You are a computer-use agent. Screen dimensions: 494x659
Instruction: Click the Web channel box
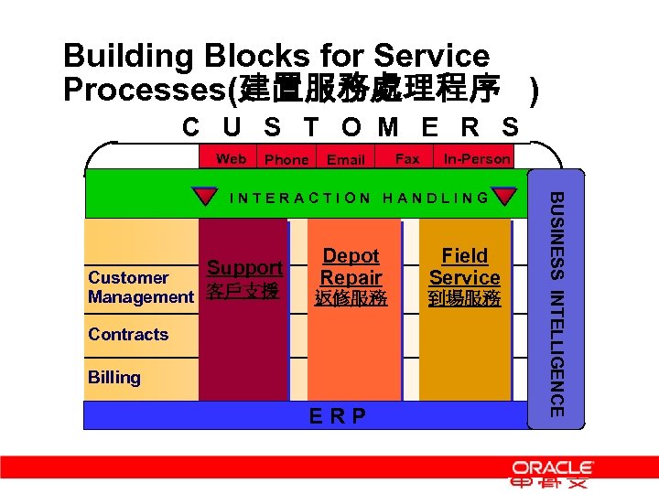coord(231,158)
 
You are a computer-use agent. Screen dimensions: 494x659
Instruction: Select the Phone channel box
coord(286,159)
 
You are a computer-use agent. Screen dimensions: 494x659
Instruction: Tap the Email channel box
coord(346,159)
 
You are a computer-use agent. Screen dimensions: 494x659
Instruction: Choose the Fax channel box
coord(407,158)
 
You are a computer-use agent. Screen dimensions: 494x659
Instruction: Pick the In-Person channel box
coord(476,158)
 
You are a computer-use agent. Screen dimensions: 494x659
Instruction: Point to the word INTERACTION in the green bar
coord(300,198)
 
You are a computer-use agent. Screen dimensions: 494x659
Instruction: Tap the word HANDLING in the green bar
coord(436,198)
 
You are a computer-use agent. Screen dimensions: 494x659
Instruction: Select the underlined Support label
coord(244,268)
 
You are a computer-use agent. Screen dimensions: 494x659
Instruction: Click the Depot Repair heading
coord(351,266)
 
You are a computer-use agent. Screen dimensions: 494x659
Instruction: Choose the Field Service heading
coord(464,266)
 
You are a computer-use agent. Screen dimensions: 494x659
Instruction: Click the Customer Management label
coord(140,287)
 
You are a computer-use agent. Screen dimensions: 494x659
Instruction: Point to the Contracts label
coord(128,334)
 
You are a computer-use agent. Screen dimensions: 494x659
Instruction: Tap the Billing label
coord(114,377)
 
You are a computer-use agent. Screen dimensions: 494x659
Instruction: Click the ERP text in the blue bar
coord(337,417)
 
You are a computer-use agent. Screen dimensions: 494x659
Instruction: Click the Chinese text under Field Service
coord(465,298)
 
